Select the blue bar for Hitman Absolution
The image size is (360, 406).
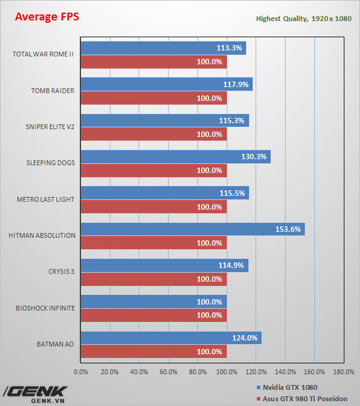pyautogui.click(x=192, y=229)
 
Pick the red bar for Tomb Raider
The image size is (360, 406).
pyautogui.click(x=153, y=98)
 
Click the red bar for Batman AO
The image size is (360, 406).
pyautogui.click(x=153, y=351)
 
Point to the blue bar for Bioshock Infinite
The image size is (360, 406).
pyautogui.click(x=153, y=301)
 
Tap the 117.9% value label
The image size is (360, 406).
pyautogui.click(x=236, y=85)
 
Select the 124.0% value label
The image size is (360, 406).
pyautogui.click(x=245, y=338)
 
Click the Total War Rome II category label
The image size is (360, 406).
pyautogui.click(x=43, y=54)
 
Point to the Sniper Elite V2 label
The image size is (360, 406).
pyautogui.click(x=50, y=127)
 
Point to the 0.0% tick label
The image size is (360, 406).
pyautogui.click(x=80, y=372)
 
